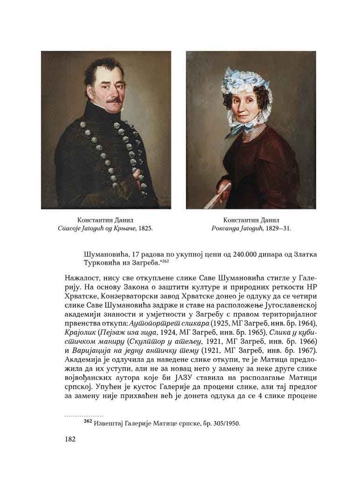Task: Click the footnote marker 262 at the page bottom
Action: [88, 421]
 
